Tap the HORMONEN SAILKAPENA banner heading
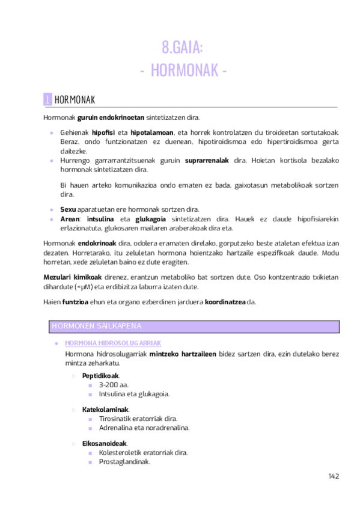tap(97, 326)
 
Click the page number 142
tap(334, 476)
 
